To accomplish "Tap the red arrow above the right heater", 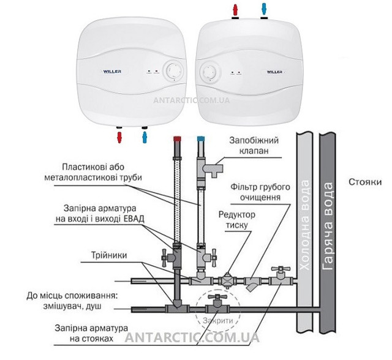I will (235, 10).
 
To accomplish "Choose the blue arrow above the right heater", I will (263, 10).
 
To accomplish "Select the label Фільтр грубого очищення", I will (256, 191).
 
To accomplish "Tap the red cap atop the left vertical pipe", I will (176, 140).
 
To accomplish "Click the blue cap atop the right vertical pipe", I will (199, 140).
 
